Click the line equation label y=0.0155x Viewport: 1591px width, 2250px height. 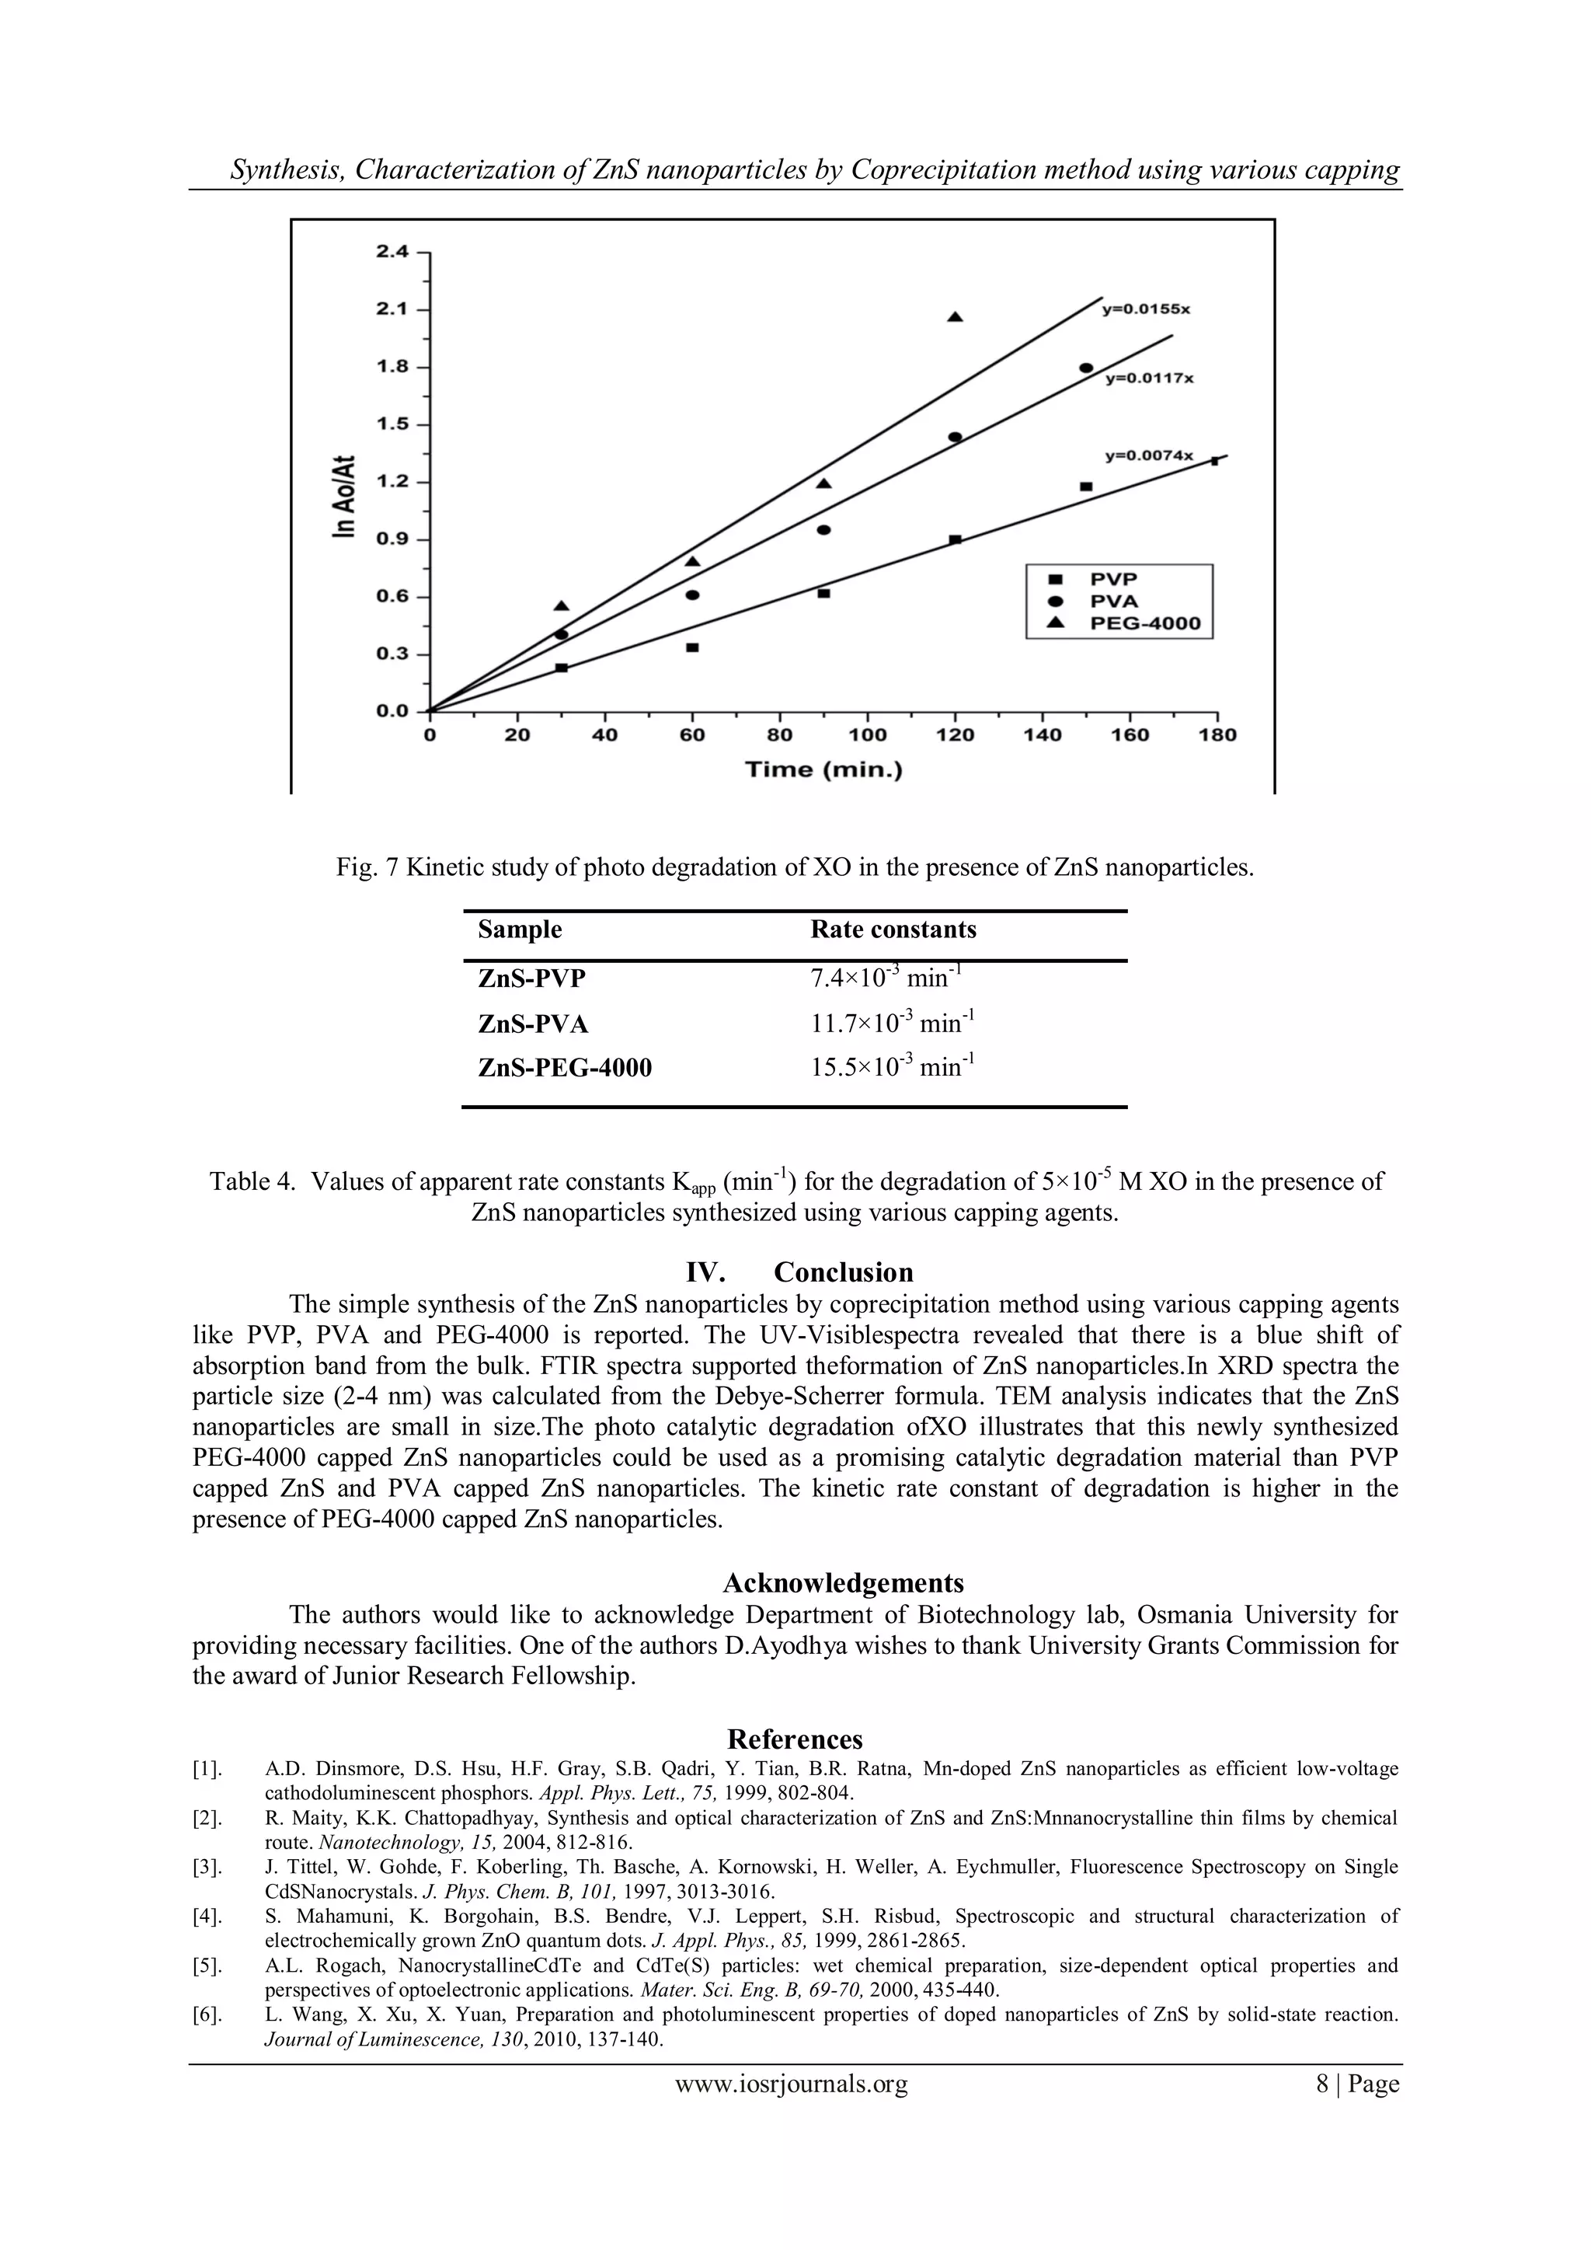click(x=1145, y=309)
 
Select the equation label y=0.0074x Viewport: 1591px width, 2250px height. click(x=1149, y=455)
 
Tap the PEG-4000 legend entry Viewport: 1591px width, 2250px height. click(x=1144, y=624)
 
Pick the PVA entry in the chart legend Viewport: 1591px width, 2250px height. click(x=1114, y=601)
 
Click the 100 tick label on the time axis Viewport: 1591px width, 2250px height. click(x=867, y=735)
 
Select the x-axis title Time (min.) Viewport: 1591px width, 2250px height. click(x=823, y=769)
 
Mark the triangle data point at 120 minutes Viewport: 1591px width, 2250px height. click(x=956, y=316)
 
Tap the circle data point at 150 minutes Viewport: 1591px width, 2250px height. click(x=1085, y=368)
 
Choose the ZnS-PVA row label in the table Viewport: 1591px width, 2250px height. click(x=533, y=1024)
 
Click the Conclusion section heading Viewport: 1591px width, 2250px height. click(x=843, y=1272)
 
